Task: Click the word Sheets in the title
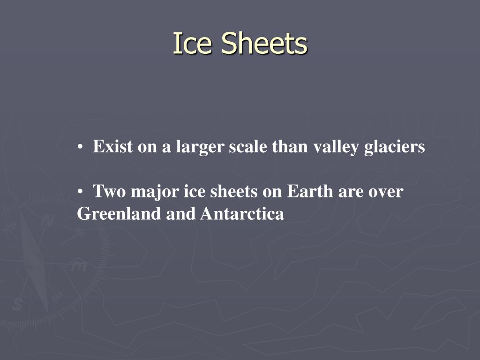coord(264,44)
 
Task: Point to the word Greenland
coord(119,214)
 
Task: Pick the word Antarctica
coord(242,214)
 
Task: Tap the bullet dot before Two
coord(81,192)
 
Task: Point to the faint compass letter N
coord(47,221)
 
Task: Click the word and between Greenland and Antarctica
coord(181,214)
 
